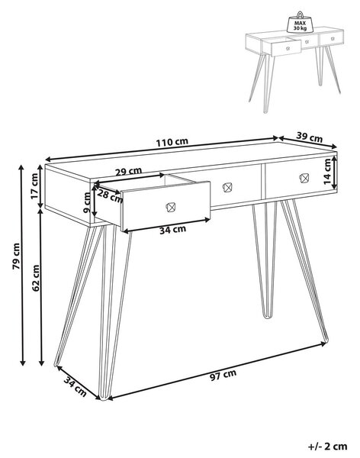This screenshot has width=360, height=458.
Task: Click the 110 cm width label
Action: (172, 142)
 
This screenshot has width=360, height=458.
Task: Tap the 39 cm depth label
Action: (310, 137)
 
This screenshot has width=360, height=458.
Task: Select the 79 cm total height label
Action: (16, 256)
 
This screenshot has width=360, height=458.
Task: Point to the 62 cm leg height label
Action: (36, 278)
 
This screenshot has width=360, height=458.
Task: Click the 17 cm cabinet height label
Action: (34, 186)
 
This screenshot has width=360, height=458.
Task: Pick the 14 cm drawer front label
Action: (327, 172)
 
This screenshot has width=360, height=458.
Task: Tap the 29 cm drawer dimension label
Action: (128, 172)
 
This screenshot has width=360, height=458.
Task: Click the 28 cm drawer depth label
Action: (110, 195)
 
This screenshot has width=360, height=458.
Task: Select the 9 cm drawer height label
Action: (88, 202)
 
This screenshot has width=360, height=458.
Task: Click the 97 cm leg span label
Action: (223, 375)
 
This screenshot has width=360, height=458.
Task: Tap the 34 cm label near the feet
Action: (76, 387)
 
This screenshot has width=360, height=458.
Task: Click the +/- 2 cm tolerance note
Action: (328, 447)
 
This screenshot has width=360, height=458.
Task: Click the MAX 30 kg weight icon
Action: (300, 22)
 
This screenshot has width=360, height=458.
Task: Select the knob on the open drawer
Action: (170, 207)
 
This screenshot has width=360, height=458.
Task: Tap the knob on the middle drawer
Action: (227, 187)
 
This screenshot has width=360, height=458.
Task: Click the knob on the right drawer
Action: (304, 178)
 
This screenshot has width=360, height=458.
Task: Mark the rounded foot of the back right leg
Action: (266, 315)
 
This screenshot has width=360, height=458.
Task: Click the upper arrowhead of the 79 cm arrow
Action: (21, 167)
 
